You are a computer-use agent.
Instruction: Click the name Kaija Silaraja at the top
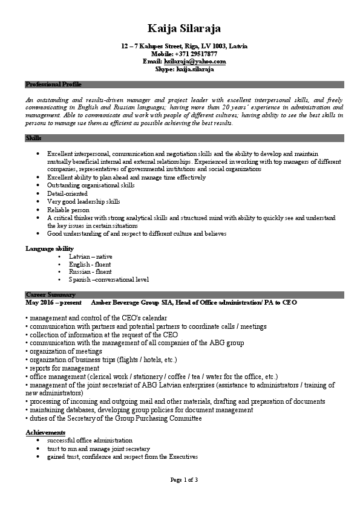pos(184,28)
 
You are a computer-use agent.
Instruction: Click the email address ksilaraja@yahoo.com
pos(195,62)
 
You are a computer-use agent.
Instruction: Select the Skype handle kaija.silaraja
pos(195,70)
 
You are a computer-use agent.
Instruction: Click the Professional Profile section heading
pos(53,84)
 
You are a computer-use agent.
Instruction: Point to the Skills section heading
pos(33,138)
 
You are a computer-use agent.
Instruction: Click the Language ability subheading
pos(50,248)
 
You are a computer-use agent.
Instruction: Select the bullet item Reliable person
pos(68,209)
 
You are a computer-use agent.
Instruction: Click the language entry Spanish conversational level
pos(109,279)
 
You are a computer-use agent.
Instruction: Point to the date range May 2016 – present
pos(53,302)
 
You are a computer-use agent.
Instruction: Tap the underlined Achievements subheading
pos(45,433)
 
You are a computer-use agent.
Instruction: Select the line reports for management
pos(62,368)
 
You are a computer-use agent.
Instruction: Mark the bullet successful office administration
pos(90,441)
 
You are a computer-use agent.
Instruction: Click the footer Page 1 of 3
pos(184,479)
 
